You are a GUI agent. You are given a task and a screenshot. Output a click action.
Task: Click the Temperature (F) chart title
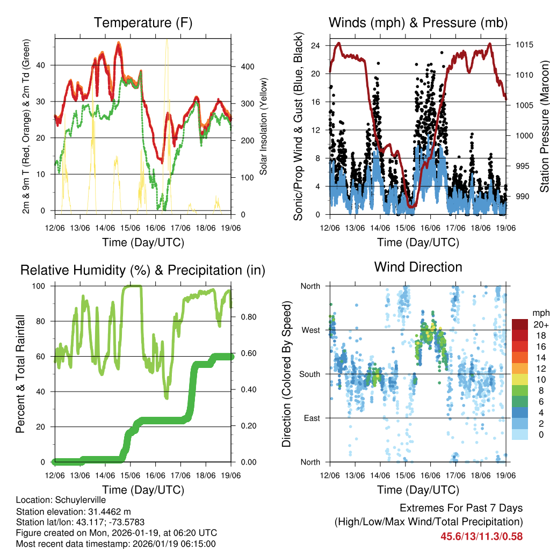[x=143, y=23]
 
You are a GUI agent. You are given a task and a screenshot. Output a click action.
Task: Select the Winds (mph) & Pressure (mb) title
[x=418, y=23]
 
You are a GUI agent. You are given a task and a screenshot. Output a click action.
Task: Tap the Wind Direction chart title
[x=418, y=266]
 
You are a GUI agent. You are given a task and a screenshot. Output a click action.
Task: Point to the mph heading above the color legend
[x=540, y=313]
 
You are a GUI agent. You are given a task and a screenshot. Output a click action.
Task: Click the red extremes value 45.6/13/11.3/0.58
[x=481, y=536]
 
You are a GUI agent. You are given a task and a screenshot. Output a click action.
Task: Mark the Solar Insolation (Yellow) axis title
[x=264, y=127]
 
